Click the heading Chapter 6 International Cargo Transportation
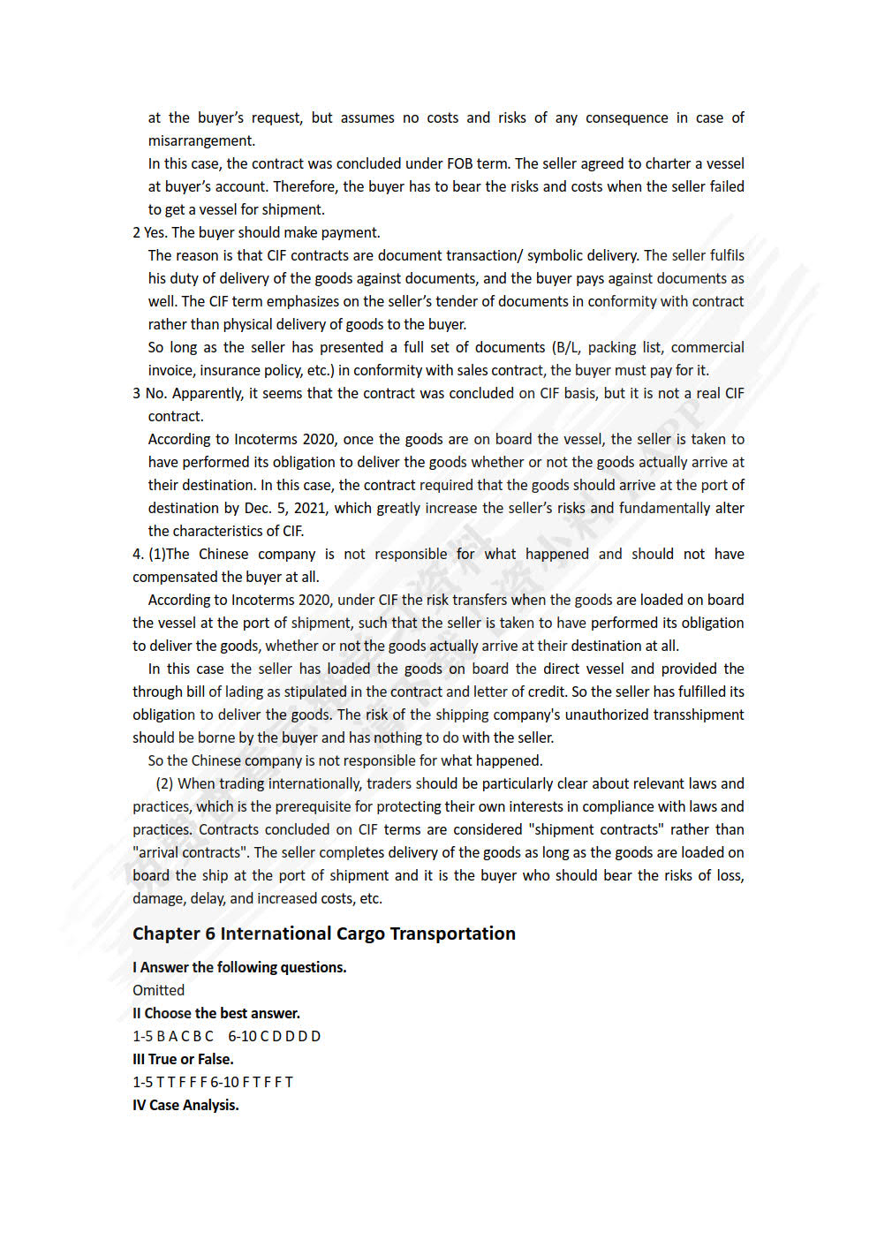(x=323, y=934)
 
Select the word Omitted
(x=158, y=990)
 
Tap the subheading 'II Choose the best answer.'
(x=216, y=1013)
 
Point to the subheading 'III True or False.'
(x=183, y=1059)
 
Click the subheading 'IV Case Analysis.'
(x=185, y=1105)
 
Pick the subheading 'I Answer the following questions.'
(x=239, y=967)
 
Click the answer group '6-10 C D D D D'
(x=274, y=1036)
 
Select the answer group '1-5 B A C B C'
(x=173, y=1036)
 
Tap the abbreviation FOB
(x=460, y=163)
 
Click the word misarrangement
(x=201, y=140)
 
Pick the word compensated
(x=175, y=577)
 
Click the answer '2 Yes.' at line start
(x=149, y=232)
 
